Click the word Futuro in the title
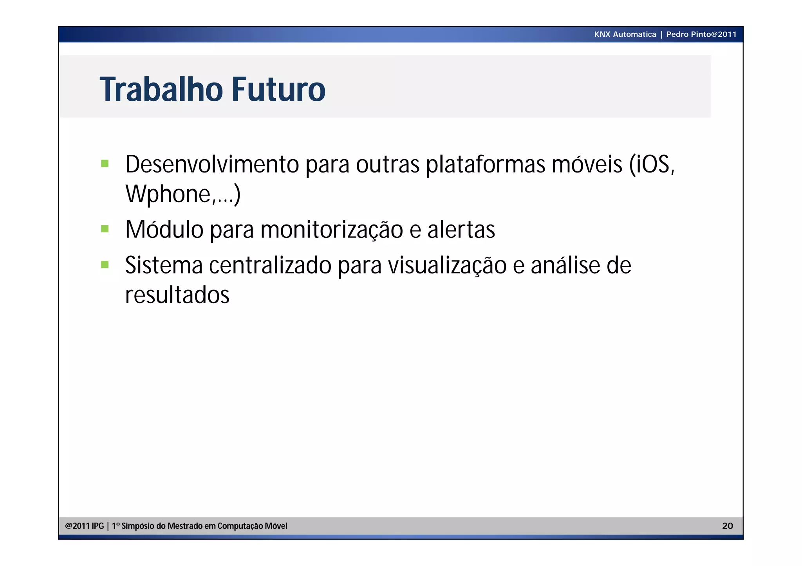coord(278,90)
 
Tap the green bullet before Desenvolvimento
coord(105,163)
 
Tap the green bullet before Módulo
coord(105,228)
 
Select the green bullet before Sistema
coord(105,264)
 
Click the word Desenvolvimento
coord(212,164)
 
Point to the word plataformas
coord(485,165)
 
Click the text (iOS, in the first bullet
coord(652,164)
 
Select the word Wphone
coord(168,194)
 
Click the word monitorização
coord(331,230)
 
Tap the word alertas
coord(461,230)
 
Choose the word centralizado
coord(270,266)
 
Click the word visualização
coord(447,266)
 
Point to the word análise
coord(565,266)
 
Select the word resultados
coord(177,295)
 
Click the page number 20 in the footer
coord(727,526)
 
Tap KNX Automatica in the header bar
coord(625,34)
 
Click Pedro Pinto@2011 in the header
coord(701,34)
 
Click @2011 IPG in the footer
coord(84,526)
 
